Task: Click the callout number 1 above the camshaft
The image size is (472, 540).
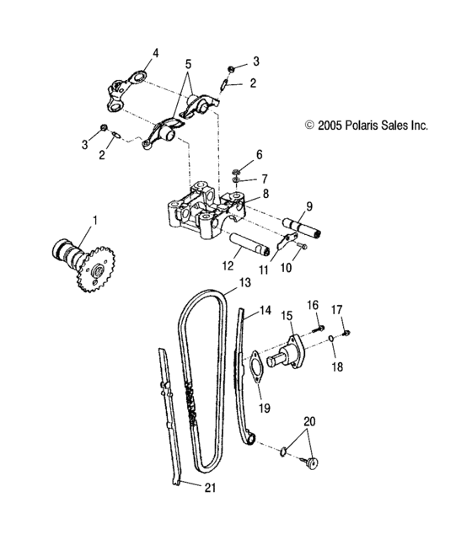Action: click(94, 221)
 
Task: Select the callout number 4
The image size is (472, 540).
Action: click(154, 53)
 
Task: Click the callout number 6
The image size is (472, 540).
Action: click(260, 154)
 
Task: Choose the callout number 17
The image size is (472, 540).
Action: click(335, 309)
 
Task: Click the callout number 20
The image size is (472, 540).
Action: click(309, 420)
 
